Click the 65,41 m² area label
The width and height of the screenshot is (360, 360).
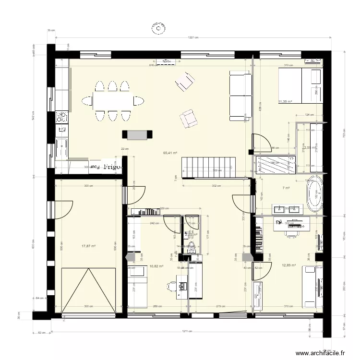pos(170,153)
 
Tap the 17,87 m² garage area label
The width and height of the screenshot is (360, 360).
pos(88,246)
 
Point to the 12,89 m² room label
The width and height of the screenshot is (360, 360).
pos(288,265)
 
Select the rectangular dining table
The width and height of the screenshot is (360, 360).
pos(113,101)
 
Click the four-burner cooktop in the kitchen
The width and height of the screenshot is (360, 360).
pos(61,117)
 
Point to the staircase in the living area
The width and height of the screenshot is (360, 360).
pos(208,167)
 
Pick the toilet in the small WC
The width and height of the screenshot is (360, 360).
pos(192,247)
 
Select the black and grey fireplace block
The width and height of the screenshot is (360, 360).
pos(138,135)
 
